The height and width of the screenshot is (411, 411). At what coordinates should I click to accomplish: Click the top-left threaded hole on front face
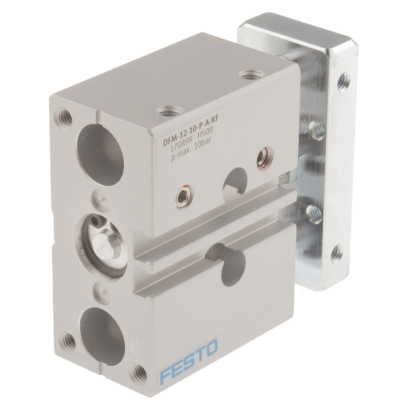click(65, 118)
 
